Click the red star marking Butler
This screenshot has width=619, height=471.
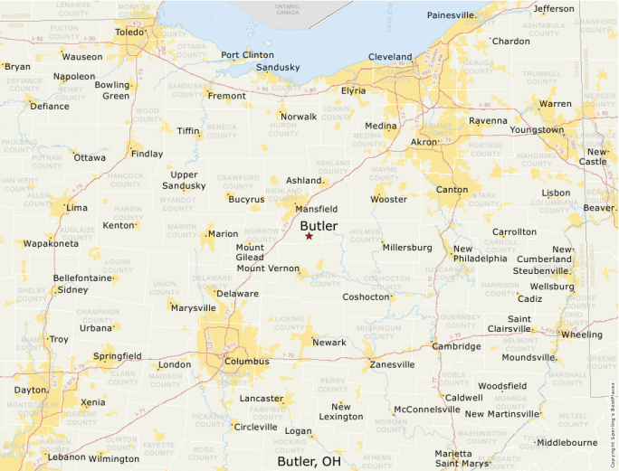coord(309,236)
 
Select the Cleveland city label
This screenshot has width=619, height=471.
coord(390,57)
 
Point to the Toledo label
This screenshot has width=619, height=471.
coord(129,33)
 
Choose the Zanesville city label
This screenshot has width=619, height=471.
coord(392,365)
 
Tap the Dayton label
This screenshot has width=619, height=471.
coord(31,390)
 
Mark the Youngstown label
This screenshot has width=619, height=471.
coord(537,129)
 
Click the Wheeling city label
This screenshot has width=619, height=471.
coord(581,334)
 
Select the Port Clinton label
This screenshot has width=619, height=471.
coord(247,55)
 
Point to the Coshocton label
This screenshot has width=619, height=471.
coord(366,297)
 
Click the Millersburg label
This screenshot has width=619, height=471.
coord(407,248)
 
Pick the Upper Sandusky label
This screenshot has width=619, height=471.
coord(184,180)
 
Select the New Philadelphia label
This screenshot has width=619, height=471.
coord(481,253)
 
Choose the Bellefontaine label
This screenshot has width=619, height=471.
coord(82,278)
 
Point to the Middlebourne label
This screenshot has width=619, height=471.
coord(567,443)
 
